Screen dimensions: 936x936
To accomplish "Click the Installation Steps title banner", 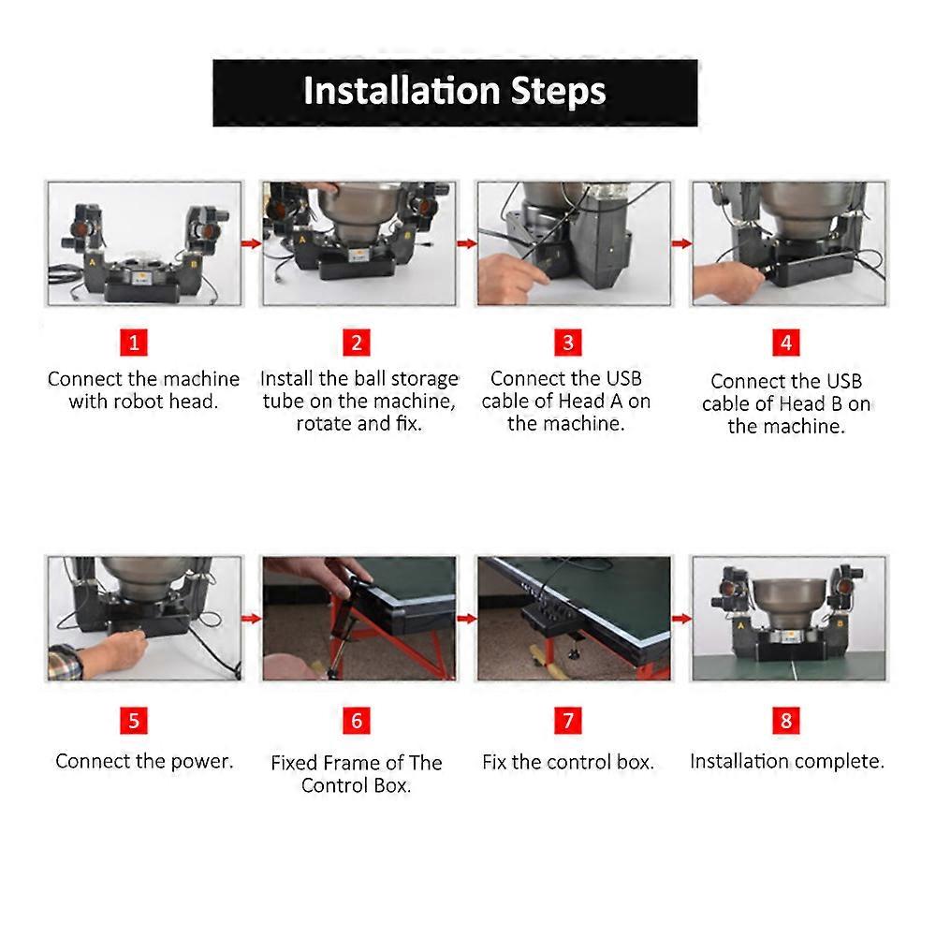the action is pos(455,93).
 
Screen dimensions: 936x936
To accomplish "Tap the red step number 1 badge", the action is pos(134,343).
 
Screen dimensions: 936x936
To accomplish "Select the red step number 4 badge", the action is pos(786,343).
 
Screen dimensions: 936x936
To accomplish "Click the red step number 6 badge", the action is pos(357,721).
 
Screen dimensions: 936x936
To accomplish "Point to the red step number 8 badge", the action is pos(786,721).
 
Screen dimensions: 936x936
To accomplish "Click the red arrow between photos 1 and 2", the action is pos(252,243).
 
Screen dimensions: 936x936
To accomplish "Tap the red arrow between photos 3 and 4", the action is pos(681,243).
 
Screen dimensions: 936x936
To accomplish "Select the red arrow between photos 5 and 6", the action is pos(252,619).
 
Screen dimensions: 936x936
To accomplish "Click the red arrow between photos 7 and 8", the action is pos(681,619).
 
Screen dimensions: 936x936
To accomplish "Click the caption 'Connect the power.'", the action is pos(144,761).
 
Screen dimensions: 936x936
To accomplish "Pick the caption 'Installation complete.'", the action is pos(787,761).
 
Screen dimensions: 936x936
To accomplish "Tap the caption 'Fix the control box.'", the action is pos(568,762).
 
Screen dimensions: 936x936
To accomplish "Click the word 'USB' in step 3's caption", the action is pos(623,378).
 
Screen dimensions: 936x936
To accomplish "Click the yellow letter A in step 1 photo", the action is pos(93,262).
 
